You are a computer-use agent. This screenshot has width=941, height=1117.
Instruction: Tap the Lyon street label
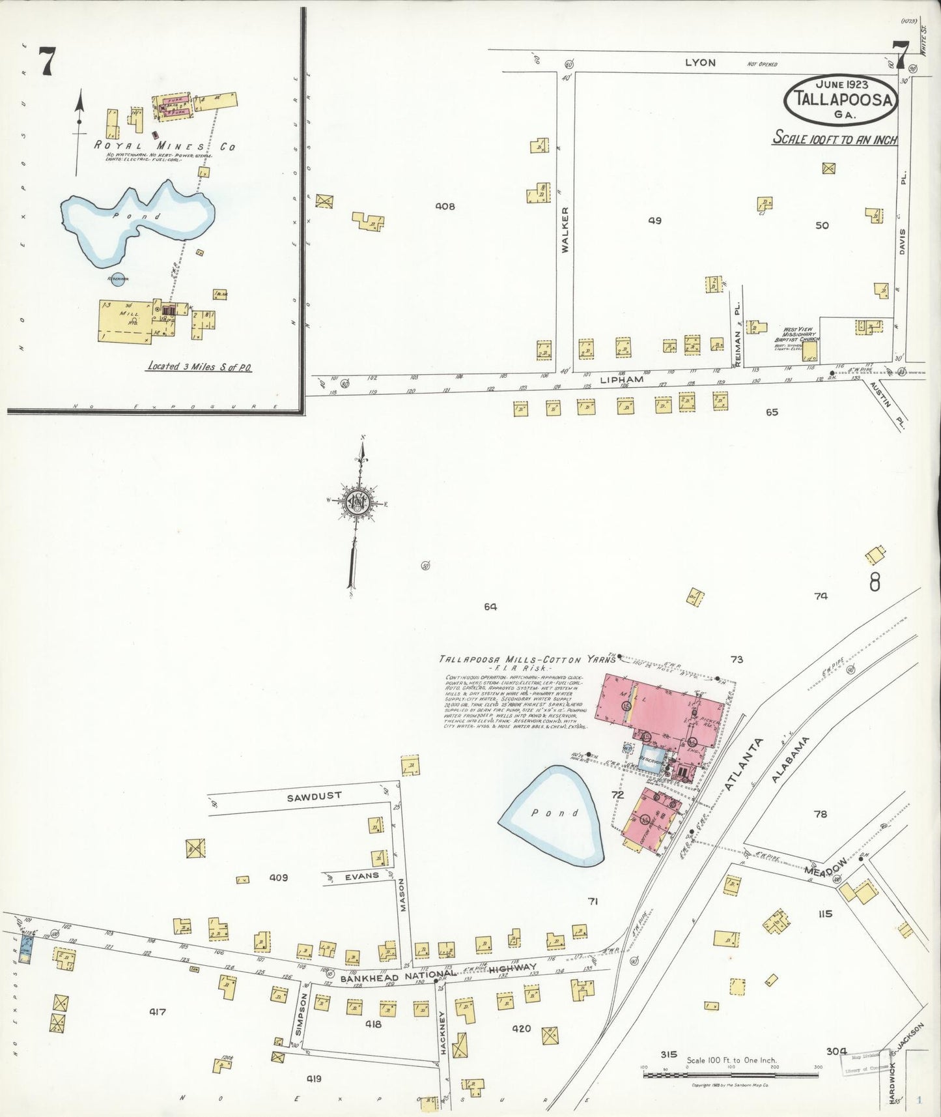700,63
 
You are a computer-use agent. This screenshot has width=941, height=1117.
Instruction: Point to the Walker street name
565,229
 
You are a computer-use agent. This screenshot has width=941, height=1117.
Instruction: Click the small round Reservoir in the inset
117,280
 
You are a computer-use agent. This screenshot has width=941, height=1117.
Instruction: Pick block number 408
445,207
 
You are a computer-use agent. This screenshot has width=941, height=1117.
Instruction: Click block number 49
654,221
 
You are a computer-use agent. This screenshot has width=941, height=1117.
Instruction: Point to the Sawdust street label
315,796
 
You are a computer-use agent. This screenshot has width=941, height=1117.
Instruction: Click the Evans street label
362,875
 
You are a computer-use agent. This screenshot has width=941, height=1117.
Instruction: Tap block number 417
157,1012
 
